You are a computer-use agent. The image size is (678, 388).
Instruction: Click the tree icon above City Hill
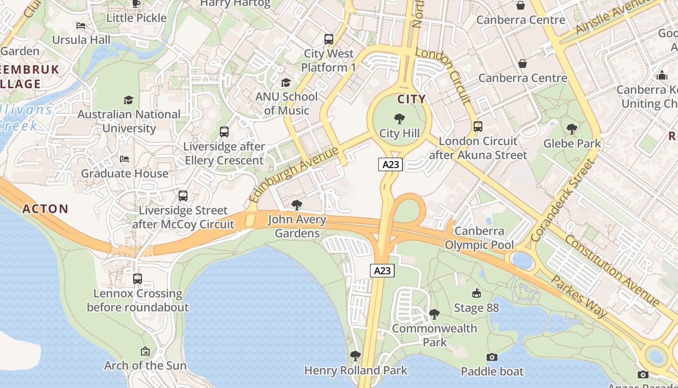click(400, 119)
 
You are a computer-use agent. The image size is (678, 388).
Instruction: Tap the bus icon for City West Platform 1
click(329, 39)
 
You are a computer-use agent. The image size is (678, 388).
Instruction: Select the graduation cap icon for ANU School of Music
click(286, 82)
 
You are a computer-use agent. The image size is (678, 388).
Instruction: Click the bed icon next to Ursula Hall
click(81, 25)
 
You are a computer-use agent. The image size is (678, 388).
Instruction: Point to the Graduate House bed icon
click(124, 159)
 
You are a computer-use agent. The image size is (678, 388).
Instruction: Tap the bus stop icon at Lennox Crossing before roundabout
click(138, 279)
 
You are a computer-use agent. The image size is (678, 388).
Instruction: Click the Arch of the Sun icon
click(145, 351)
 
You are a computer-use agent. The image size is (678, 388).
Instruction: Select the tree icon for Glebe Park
click(572, 129)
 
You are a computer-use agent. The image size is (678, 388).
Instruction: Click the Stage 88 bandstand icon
click(476, 293)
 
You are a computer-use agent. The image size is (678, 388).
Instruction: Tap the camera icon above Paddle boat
click(492, 357)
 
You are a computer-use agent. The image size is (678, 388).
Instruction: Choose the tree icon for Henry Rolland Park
click(355, 356)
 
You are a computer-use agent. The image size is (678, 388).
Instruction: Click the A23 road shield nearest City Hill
click(391, 164)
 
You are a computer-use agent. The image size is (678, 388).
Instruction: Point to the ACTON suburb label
click(46, 209)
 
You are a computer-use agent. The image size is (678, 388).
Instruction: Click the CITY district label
click(412, 99)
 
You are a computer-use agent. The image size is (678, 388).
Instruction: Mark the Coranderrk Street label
click(562, 200)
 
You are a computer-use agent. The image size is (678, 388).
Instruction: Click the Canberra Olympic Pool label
click(479, 238)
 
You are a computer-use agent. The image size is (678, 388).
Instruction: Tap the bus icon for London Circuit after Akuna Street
click(478, 127)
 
